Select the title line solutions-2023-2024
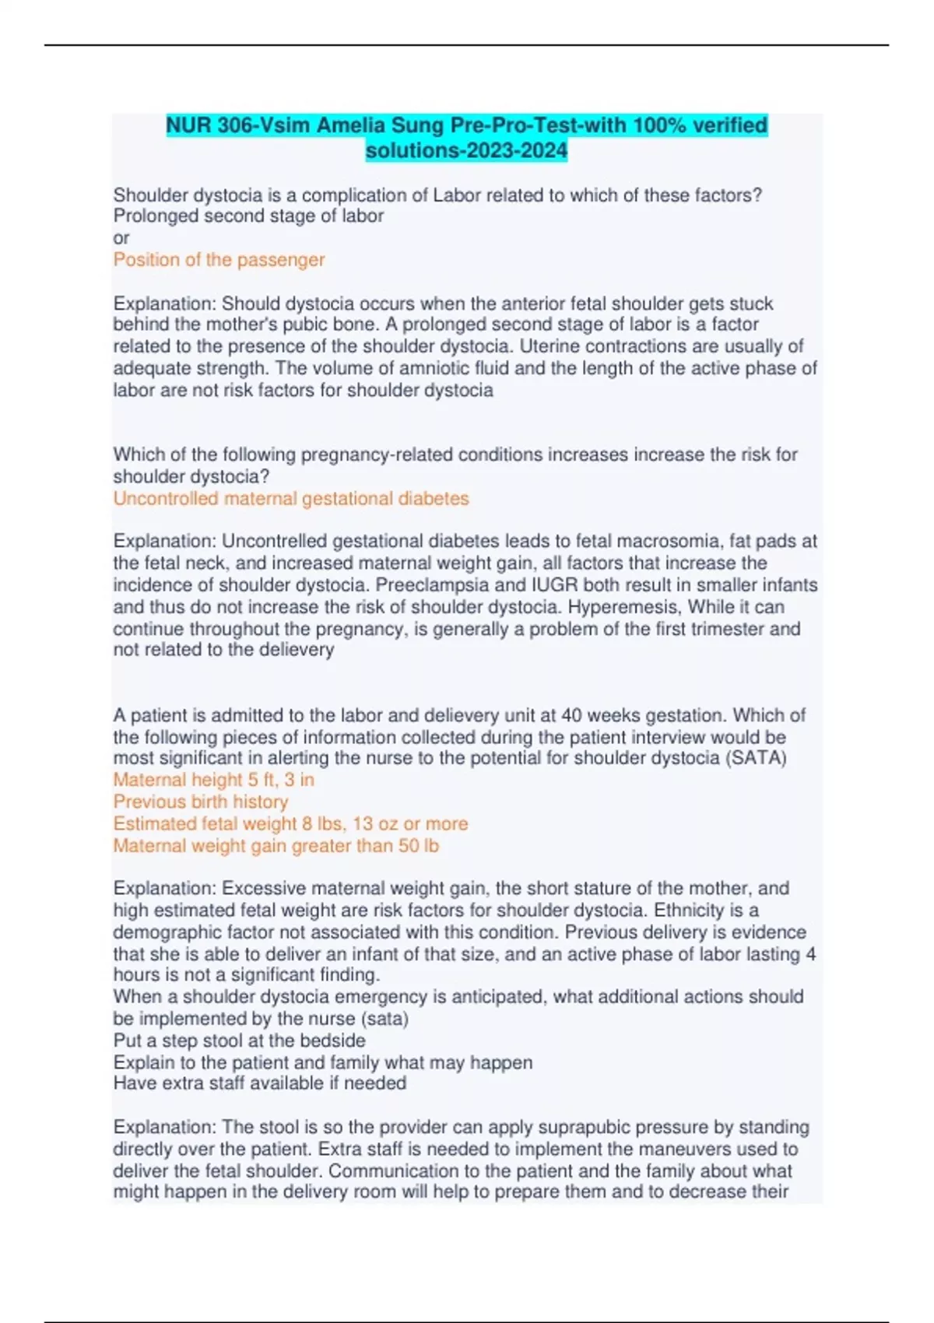466,150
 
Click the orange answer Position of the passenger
219,260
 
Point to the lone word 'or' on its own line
121,238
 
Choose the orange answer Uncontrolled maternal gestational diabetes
291,499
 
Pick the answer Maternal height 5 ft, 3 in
214,780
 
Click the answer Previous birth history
201,802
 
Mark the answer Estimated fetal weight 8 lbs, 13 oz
290,823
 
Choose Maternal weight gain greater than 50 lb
276,846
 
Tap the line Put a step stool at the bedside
240,1041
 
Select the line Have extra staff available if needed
260,1083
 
